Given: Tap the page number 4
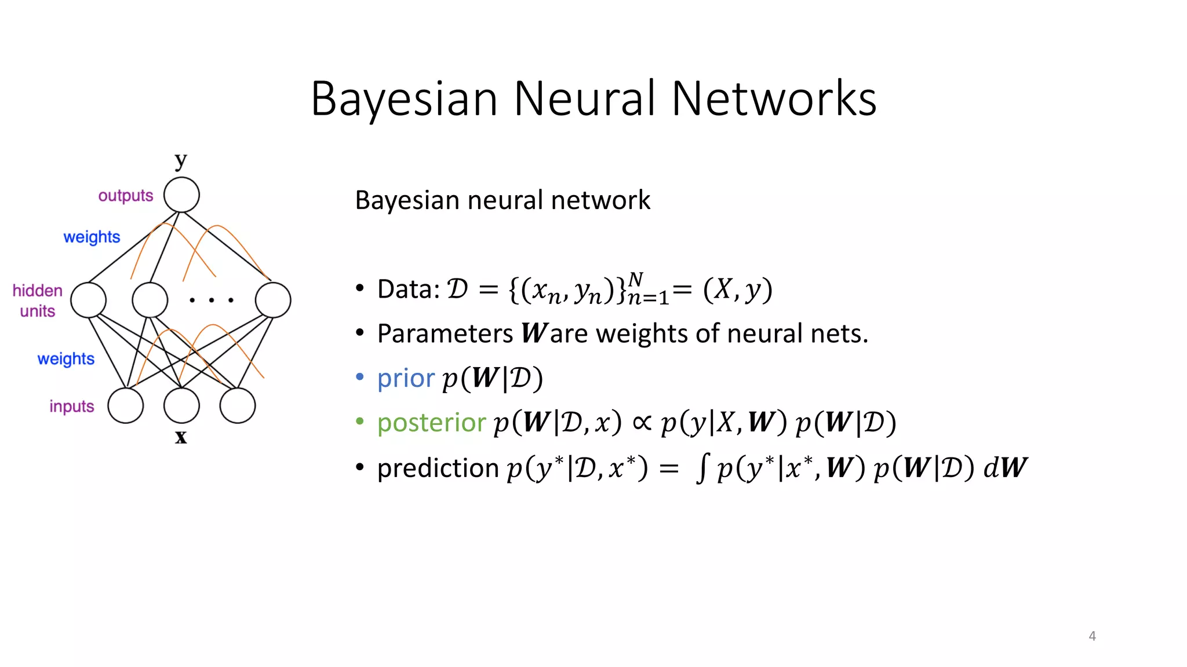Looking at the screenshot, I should [x=1092, y=636].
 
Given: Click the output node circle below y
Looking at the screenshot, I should [x=181, y=195].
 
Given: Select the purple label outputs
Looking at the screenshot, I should [x=125, y=196].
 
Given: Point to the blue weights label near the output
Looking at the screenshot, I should [x=92, y=237].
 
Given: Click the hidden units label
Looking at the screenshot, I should [x=37, y=300].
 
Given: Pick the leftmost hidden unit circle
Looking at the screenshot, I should [x=88, y=300].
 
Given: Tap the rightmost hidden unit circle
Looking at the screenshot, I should [x=273, y=300].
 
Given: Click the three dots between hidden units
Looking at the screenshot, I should [x=212, y=300].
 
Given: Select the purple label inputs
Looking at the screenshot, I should [x=71, y=406].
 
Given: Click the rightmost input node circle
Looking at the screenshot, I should [x=238, y=406].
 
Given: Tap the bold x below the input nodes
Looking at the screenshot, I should [x=181, y=437].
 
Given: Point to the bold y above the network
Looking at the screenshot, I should [x=181, y=160].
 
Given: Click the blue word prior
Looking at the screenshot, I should [x=405, y=379].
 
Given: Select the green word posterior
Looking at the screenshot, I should [x=431, y=423].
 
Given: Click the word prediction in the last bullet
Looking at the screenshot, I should [x=438, y=468].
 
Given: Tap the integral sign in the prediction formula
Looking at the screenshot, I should [x=702, y=468].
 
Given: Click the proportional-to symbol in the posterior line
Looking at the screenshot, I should [x=642, y=423].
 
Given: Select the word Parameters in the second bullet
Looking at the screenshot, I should [x=445, y=333].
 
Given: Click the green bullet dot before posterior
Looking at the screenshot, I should [x=360, y=422].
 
